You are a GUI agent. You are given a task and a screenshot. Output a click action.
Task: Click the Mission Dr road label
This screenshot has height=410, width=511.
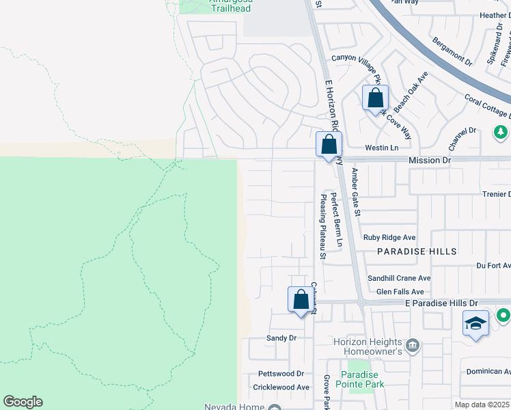pyautogui.click(x=430, y=160)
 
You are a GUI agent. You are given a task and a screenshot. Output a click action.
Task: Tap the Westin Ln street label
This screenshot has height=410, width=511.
pyautogui.click(x=381, y=148)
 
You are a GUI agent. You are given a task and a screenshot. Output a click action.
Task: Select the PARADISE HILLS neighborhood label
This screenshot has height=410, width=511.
pyautogui.click(x=417, y=251)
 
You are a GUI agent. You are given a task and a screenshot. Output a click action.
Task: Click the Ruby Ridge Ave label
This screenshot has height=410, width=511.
pyautogui.click(x=389, y=238)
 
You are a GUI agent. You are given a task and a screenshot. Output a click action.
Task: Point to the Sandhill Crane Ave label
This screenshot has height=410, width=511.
pyautogui.click(x=399, y=278)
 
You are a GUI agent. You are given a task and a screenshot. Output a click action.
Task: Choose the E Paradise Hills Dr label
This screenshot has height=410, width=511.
pyautogui.click(x=438, y=303)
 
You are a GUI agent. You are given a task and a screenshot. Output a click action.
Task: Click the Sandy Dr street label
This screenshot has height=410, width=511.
pyautogui.click(x=281, y=338)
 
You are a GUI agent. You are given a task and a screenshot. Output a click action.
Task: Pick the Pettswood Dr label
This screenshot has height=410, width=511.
pyautogui.click(x=280, y=374)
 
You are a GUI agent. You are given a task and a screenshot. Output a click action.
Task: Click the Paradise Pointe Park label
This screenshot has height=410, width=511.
pyautogui.click(x=360, y=379)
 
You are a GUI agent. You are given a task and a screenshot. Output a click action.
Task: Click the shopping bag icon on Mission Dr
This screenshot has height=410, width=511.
pyautogui.click(x=329, y=145)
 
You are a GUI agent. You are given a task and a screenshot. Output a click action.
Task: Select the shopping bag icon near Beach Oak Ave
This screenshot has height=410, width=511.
pyautogui.click(x=375, y=98)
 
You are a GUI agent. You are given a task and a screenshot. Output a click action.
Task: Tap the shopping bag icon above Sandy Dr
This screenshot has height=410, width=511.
pyautogui.click(x=300, y=299)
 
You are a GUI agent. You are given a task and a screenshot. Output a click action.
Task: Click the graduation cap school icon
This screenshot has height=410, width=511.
pyautogui.click(x=475, y=323)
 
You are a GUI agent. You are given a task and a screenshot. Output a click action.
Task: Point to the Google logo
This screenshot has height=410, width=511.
pyautogui.click(x=23, y=402)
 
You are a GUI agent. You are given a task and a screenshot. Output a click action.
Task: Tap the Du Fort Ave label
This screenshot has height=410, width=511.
pyautogui.click(x=493, y=265)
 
